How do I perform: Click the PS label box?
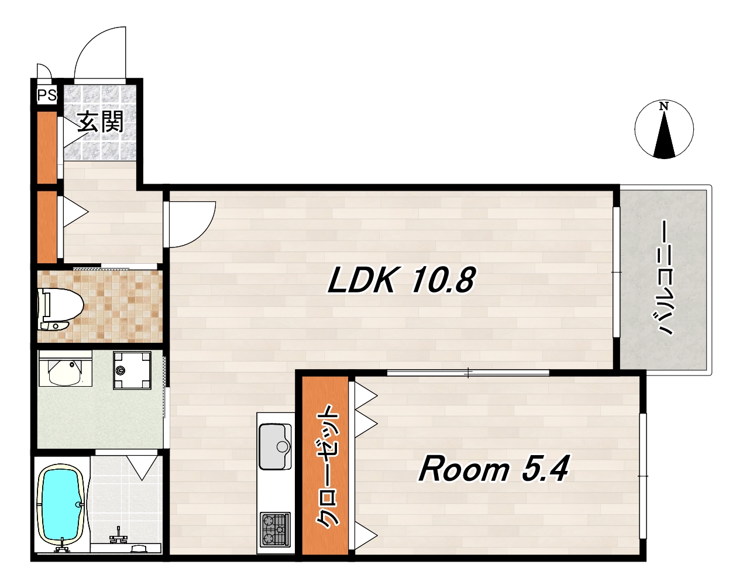tap(47, 95)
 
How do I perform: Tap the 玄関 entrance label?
tap(100, 122)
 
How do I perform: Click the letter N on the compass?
tap(663, 106)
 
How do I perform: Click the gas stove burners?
tap(276, 530)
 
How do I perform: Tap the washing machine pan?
tap(132, 370)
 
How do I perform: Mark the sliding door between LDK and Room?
tap(468, 373)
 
